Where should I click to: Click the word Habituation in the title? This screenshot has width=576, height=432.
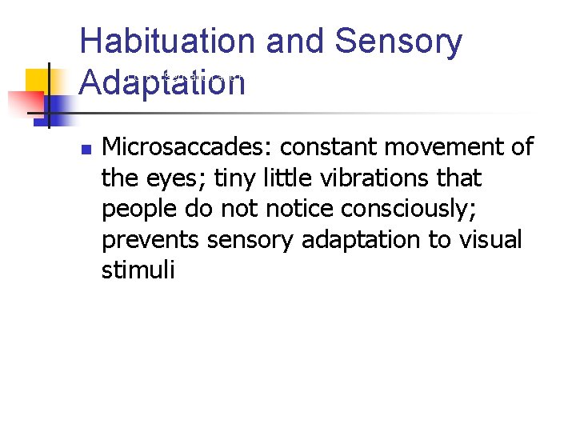(x=167, y=42)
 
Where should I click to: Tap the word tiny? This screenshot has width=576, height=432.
(x=215, y=178)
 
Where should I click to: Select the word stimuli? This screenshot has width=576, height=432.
(x=137, y=270)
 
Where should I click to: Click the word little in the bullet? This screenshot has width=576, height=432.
(x=270, y=178)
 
